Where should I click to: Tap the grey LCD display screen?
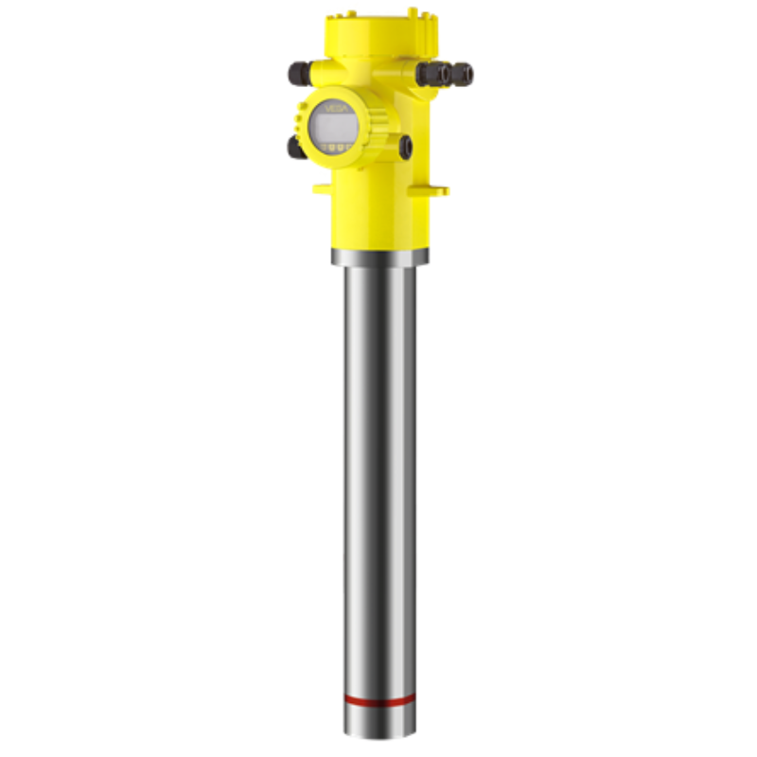coord(334,126)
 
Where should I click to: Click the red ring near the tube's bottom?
coord(379,700)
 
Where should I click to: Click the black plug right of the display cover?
coord(406,147)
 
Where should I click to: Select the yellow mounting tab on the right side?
coord(437,190)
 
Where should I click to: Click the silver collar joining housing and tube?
coord(379,255)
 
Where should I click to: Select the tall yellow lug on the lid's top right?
coord(414,14)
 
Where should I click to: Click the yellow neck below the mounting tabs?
coord(379,222)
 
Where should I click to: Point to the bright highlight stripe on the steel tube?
coord(362,473)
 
